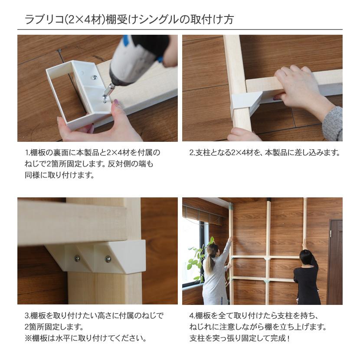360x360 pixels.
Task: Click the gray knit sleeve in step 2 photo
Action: pyautogui.click(x=333, y=123)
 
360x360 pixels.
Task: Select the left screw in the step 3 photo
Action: pyautogui.click(x=77, y=259)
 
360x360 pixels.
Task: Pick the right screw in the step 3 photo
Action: pyautogui.click(x=108, y=259)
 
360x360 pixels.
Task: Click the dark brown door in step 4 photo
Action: pyautogui.click(x=335, y=260)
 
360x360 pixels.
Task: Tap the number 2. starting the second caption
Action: pyautogui.click(x=192, y=153)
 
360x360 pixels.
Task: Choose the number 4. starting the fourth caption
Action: pyautogui.click(x=192, y=316)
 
